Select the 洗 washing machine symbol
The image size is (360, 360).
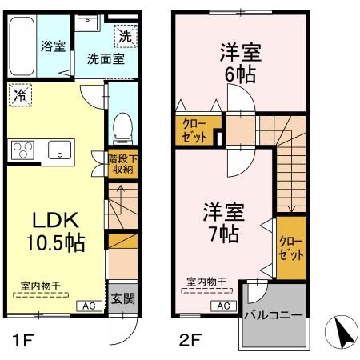pos(126,35)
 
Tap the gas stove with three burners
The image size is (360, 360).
pos(23,150)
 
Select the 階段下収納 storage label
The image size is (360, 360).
pos(122,162)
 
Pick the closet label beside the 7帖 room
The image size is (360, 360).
pos(289,248)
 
